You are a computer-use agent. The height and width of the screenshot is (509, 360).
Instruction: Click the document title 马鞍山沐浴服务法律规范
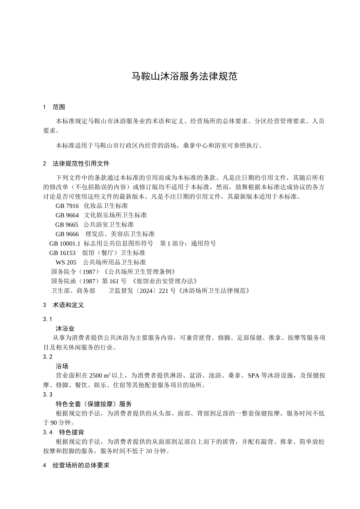(184, 76)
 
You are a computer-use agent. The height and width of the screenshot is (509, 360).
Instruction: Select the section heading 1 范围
(54, 107)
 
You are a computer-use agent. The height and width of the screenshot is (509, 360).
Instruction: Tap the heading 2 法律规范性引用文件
(76, 164)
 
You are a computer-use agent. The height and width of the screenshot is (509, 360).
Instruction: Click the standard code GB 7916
(67, 206)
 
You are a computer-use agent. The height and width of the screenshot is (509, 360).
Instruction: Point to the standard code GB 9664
(67, 215)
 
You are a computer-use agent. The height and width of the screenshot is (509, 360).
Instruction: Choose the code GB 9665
(67, 225)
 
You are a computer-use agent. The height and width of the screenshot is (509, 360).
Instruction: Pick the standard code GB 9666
(67, 234)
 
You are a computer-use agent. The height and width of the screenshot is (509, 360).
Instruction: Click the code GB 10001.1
(65, 244)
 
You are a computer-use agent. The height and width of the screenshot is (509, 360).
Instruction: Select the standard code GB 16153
(63, 253)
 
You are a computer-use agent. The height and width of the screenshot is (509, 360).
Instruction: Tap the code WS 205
(66, 262)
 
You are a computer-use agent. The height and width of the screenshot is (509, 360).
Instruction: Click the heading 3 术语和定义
(63, 305)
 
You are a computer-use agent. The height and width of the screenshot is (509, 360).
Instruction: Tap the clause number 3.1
(48, 319)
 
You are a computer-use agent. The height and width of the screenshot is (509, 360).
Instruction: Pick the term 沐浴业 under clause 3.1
(65, 328)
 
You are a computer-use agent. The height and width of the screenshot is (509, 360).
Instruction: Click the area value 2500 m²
(100, 376)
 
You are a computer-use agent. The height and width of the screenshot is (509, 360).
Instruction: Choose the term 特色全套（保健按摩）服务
(94, 404)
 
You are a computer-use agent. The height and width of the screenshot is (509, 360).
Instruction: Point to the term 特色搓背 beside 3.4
(72, 432)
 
